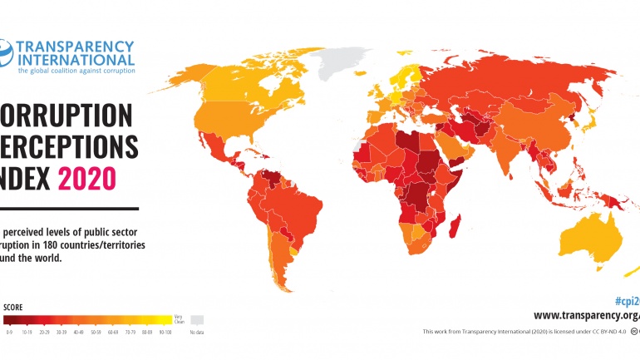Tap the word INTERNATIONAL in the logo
[76, 59]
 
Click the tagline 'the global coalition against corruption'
[76, 72]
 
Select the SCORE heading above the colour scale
[14, 307]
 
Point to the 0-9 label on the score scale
[8, 332]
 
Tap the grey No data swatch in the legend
[196, 319]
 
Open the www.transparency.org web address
[586, 315]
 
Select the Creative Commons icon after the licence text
[634, 332]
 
